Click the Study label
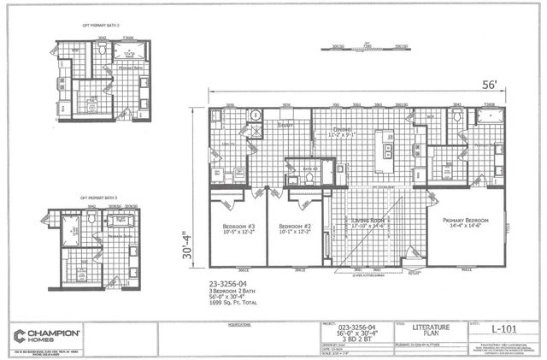click(285, 124)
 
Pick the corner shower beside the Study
click(255, 118)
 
